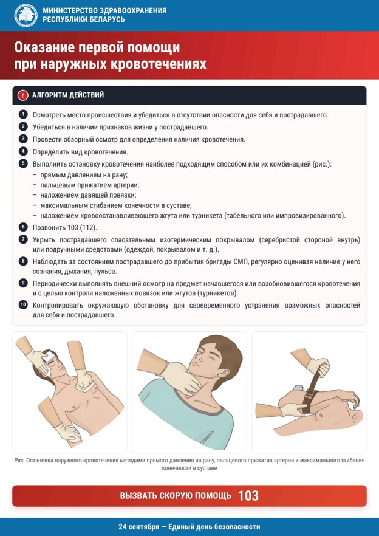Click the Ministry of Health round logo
tap(26, 15)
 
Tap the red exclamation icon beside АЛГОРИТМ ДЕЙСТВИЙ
tap(22, 95)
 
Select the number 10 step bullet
tap(22, 305)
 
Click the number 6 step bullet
tap(22, 227)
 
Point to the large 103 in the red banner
tap(248, 496)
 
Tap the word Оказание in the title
tap(43, 48)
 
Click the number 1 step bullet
tap(22, 114)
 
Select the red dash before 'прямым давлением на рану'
tap(35, 175)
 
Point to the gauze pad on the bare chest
tap(83, 387)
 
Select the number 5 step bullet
tap(22, 163)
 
